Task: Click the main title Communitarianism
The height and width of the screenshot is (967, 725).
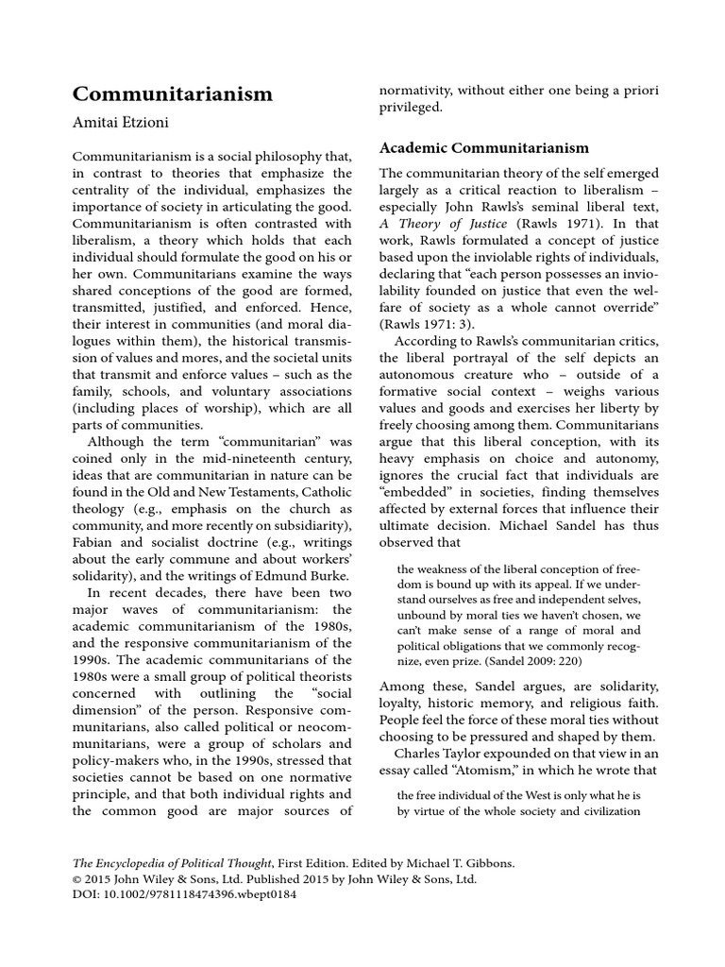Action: pos(173,94)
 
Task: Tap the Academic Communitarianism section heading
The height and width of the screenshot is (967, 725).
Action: pos(483,148)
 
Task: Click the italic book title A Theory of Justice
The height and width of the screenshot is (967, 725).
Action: pos(444,224)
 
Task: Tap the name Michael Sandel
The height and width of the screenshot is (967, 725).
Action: pos(549,524)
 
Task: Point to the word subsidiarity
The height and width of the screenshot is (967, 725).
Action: pos(306,525)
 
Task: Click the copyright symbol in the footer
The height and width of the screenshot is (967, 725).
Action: pos(78,877)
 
